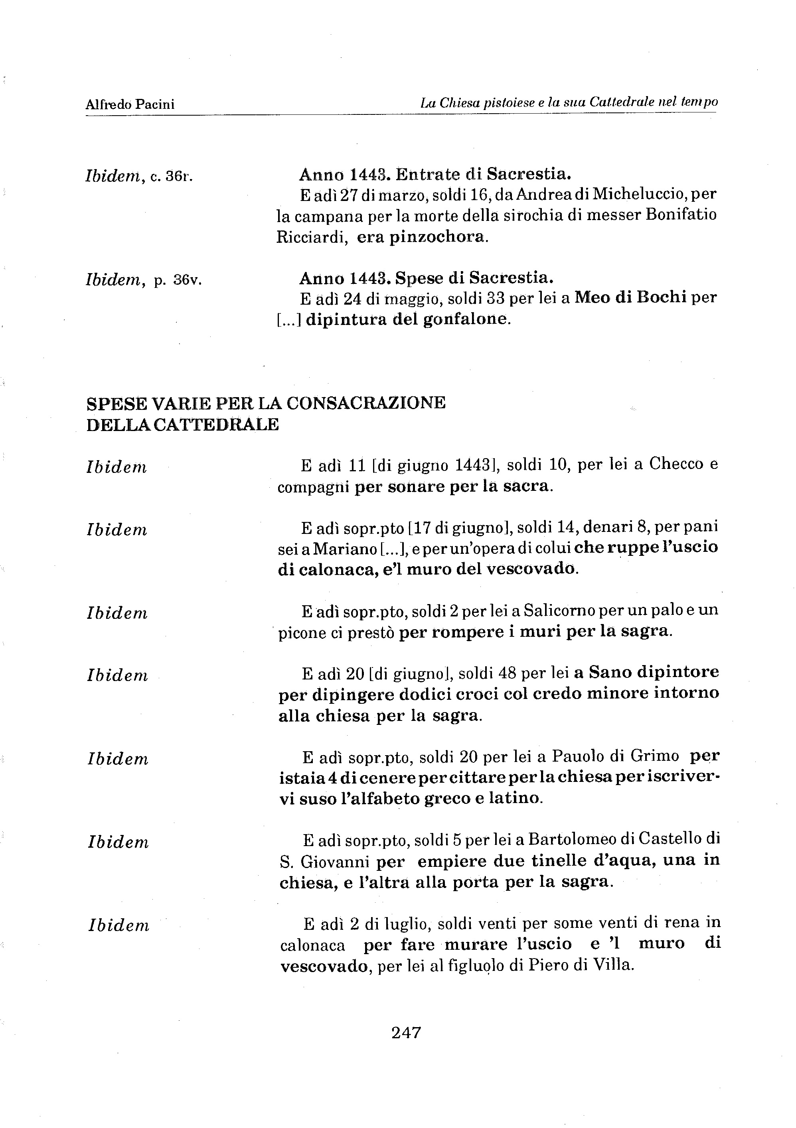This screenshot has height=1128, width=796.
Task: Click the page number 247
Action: (406, 1032)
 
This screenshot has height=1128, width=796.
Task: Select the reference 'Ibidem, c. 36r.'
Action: (139, 176)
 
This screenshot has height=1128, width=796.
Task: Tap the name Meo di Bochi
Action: (630, 297)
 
